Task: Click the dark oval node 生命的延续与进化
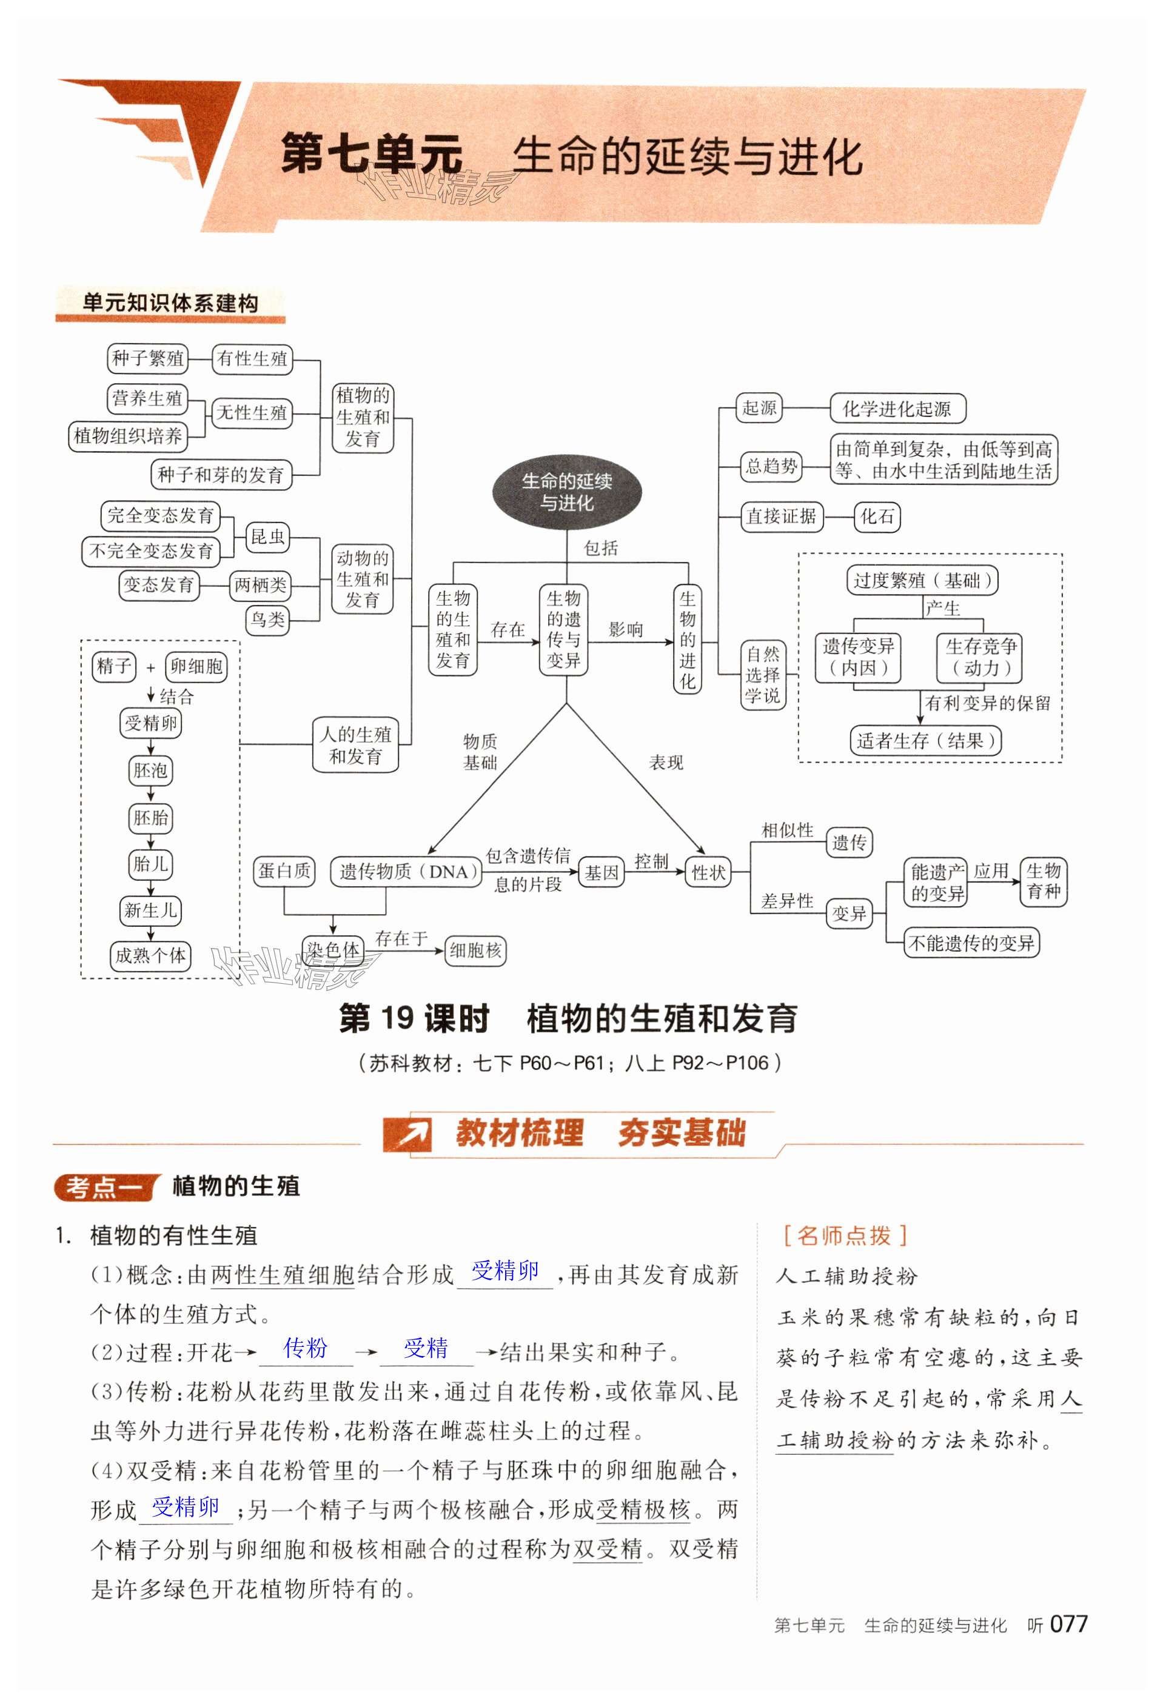click(566, 492)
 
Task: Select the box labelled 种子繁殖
click(148, 358)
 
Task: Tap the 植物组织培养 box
click(128, 436)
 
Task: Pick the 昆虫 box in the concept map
click(267, 537)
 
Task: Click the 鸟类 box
click(267, 619)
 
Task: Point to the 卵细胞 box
click(196, 666)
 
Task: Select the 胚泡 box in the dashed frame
click(150, 770)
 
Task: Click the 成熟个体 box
click(150, 955)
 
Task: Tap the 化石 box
click(877, 516)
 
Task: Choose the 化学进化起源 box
click(897, 409)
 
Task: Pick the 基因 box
click(602, 874)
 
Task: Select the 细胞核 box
click(475, 950)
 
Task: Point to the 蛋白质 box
click(284, 872)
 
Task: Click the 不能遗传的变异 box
click(971, 943)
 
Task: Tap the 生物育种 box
click(1044, 881)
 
